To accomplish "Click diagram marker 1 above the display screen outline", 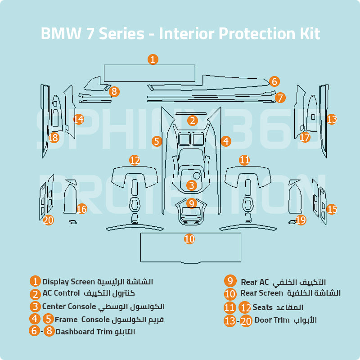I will click(x=153, y=59).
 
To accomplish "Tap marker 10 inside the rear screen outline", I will click(x=189, y=239).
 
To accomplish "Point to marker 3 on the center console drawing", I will click(x=191, y=185).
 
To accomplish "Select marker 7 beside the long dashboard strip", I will click(x=280, y=97).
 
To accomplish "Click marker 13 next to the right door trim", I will click(x=332, y=119).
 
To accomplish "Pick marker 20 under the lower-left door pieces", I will click(x=48, y=220).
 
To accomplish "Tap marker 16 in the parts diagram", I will click(x=81, y=209).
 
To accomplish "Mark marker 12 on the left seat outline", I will click(x=135, y=160).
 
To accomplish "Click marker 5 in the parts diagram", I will click(x=157, y=141).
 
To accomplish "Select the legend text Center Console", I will click(x=69, y=307).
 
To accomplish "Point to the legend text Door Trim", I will click(x=271, y=320).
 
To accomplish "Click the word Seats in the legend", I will click(x=262, y=307).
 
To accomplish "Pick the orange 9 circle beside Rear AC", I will click(x=230, y=281).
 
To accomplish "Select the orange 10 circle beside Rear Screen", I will click(x=230, y=294).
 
